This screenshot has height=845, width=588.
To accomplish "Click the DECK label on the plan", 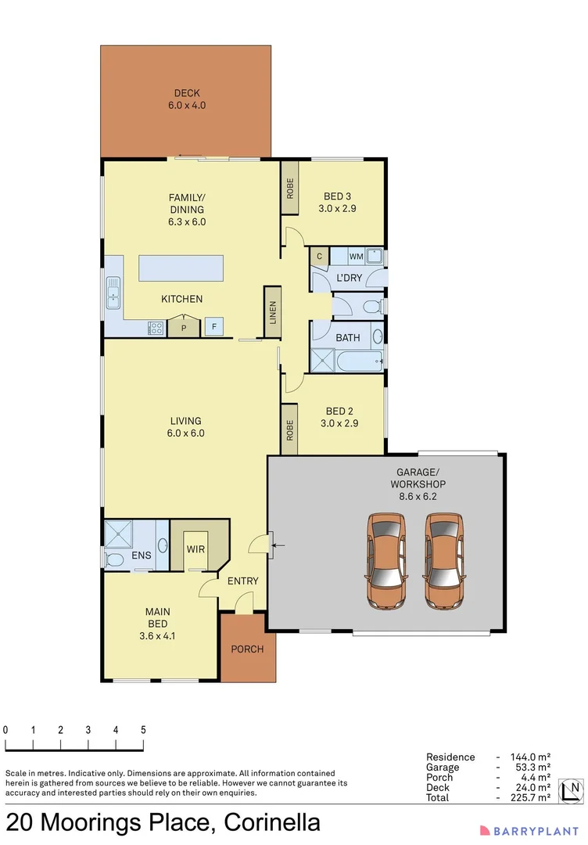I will tap(186, 94).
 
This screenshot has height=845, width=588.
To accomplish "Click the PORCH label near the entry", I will tap(247, 649).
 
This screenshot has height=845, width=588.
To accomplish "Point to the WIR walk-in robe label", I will tap(195, 549).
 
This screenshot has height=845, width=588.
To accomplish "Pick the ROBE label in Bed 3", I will tap(290, 188).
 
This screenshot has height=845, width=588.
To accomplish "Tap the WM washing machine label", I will tap(356, 257).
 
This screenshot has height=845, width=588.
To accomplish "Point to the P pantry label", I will tap(184, 328).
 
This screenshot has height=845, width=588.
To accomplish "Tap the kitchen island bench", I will tap(181, 268).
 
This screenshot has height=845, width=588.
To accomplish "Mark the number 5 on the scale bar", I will tap(143, 729).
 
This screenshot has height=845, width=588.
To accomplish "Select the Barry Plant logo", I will tap(529, 829).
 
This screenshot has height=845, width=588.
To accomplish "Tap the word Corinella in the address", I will tap(272, 823).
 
